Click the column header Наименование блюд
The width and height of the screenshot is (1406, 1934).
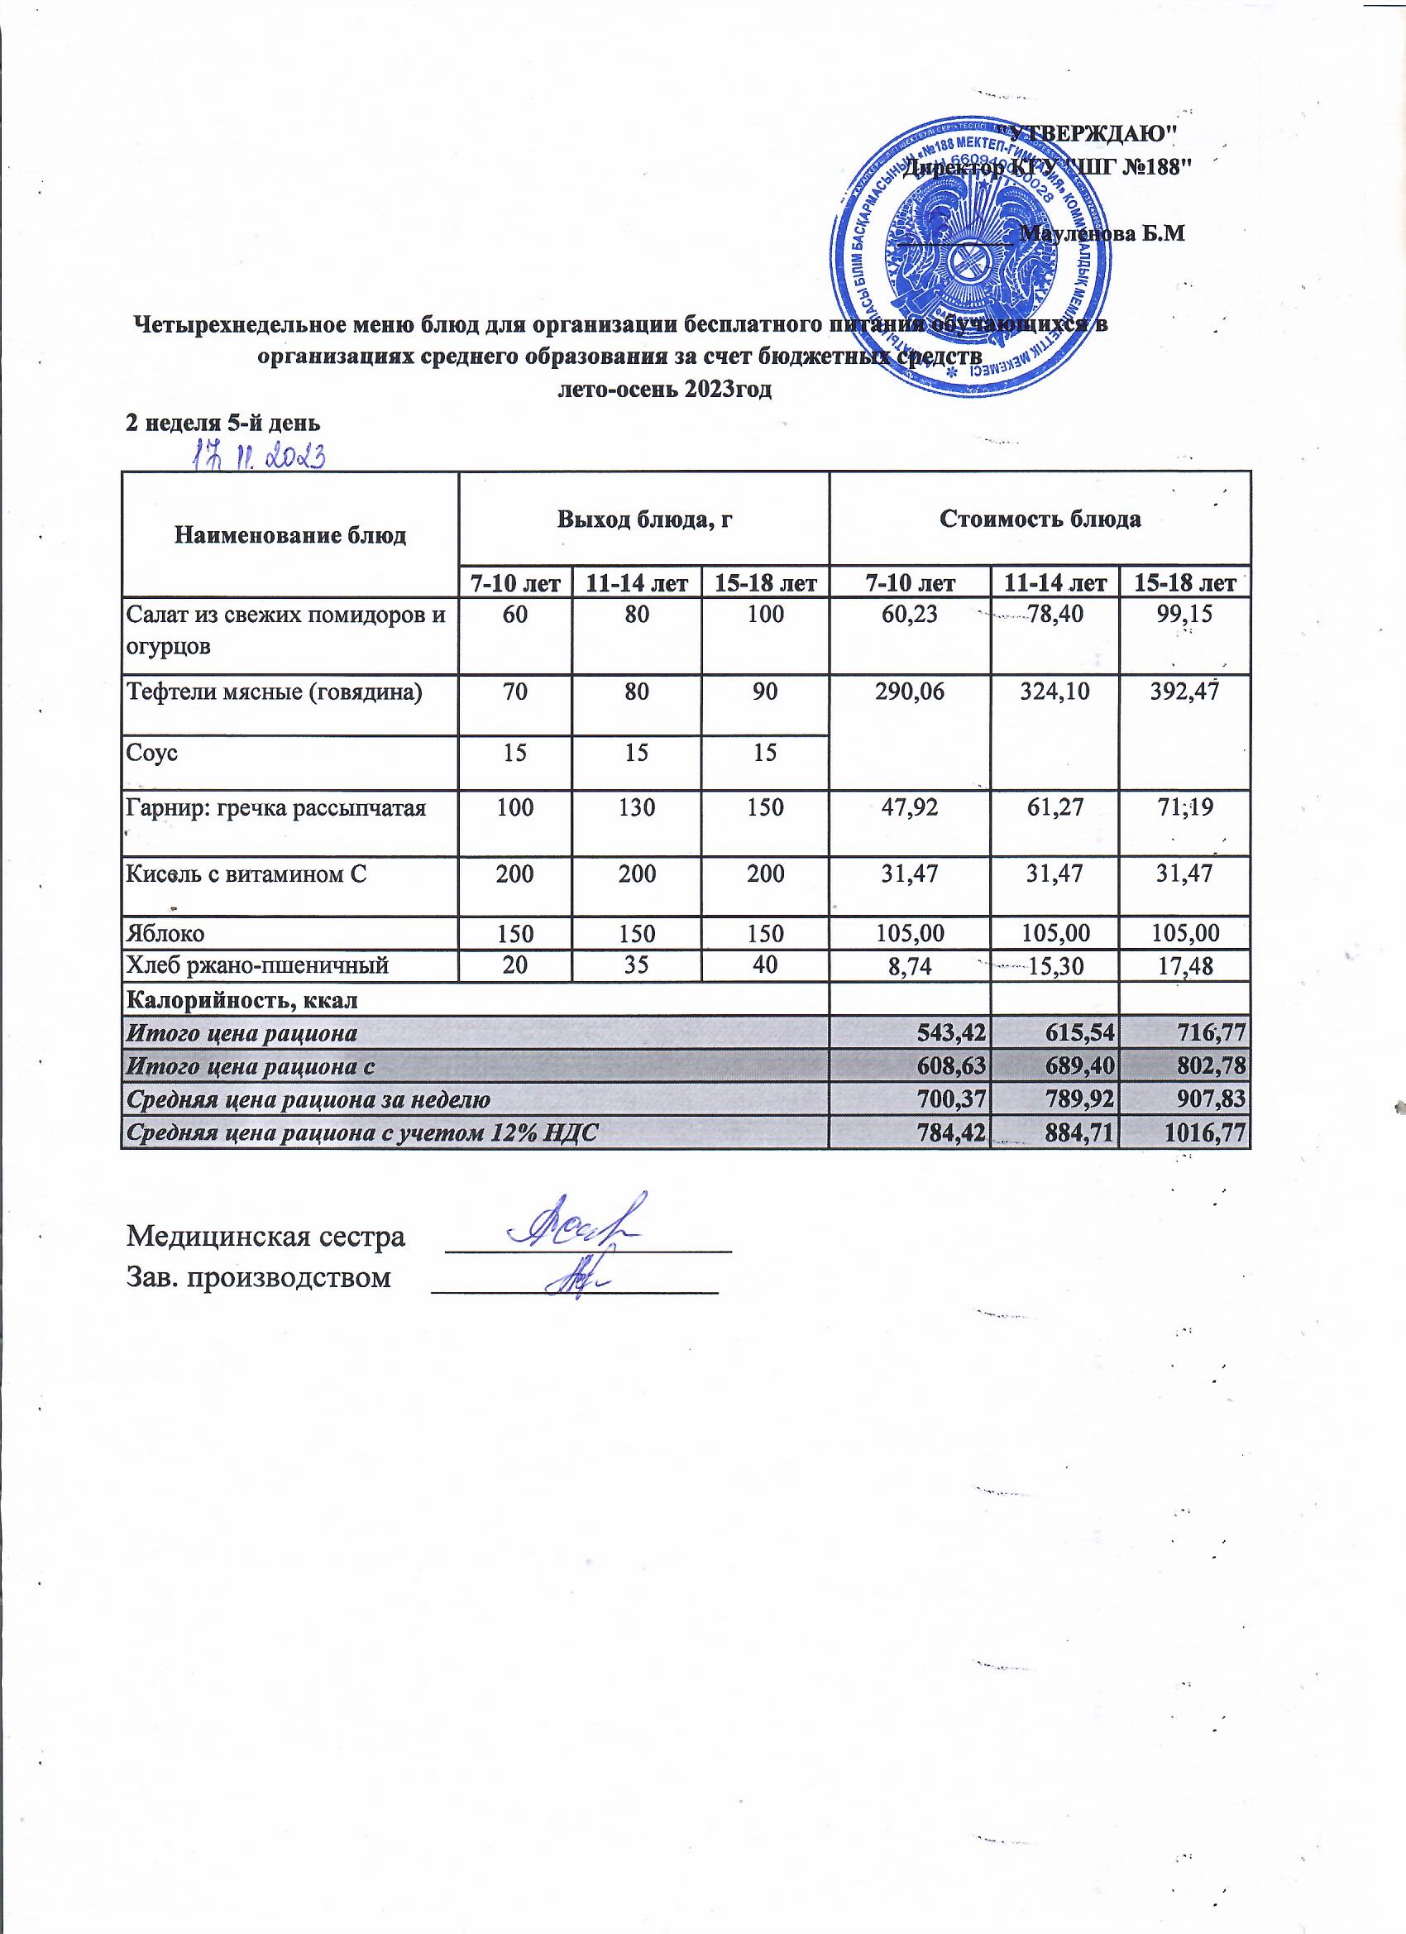coord(290,535)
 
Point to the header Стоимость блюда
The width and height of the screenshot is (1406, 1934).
coord(1040,519)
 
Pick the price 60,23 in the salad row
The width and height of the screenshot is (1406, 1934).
coord(911,613)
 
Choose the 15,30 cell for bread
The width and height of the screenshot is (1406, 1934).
coord(1055,965)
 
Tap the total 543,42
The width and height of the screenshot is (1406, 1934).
coord(952,1032)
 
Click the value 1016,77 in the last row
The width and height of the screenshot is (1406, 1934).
coord(1206,1132)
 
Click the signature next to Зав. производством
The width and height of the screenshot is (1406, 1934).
coord(582,1280)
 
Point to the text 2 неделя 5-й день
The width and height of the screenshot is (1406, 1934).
coord(223,422)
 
